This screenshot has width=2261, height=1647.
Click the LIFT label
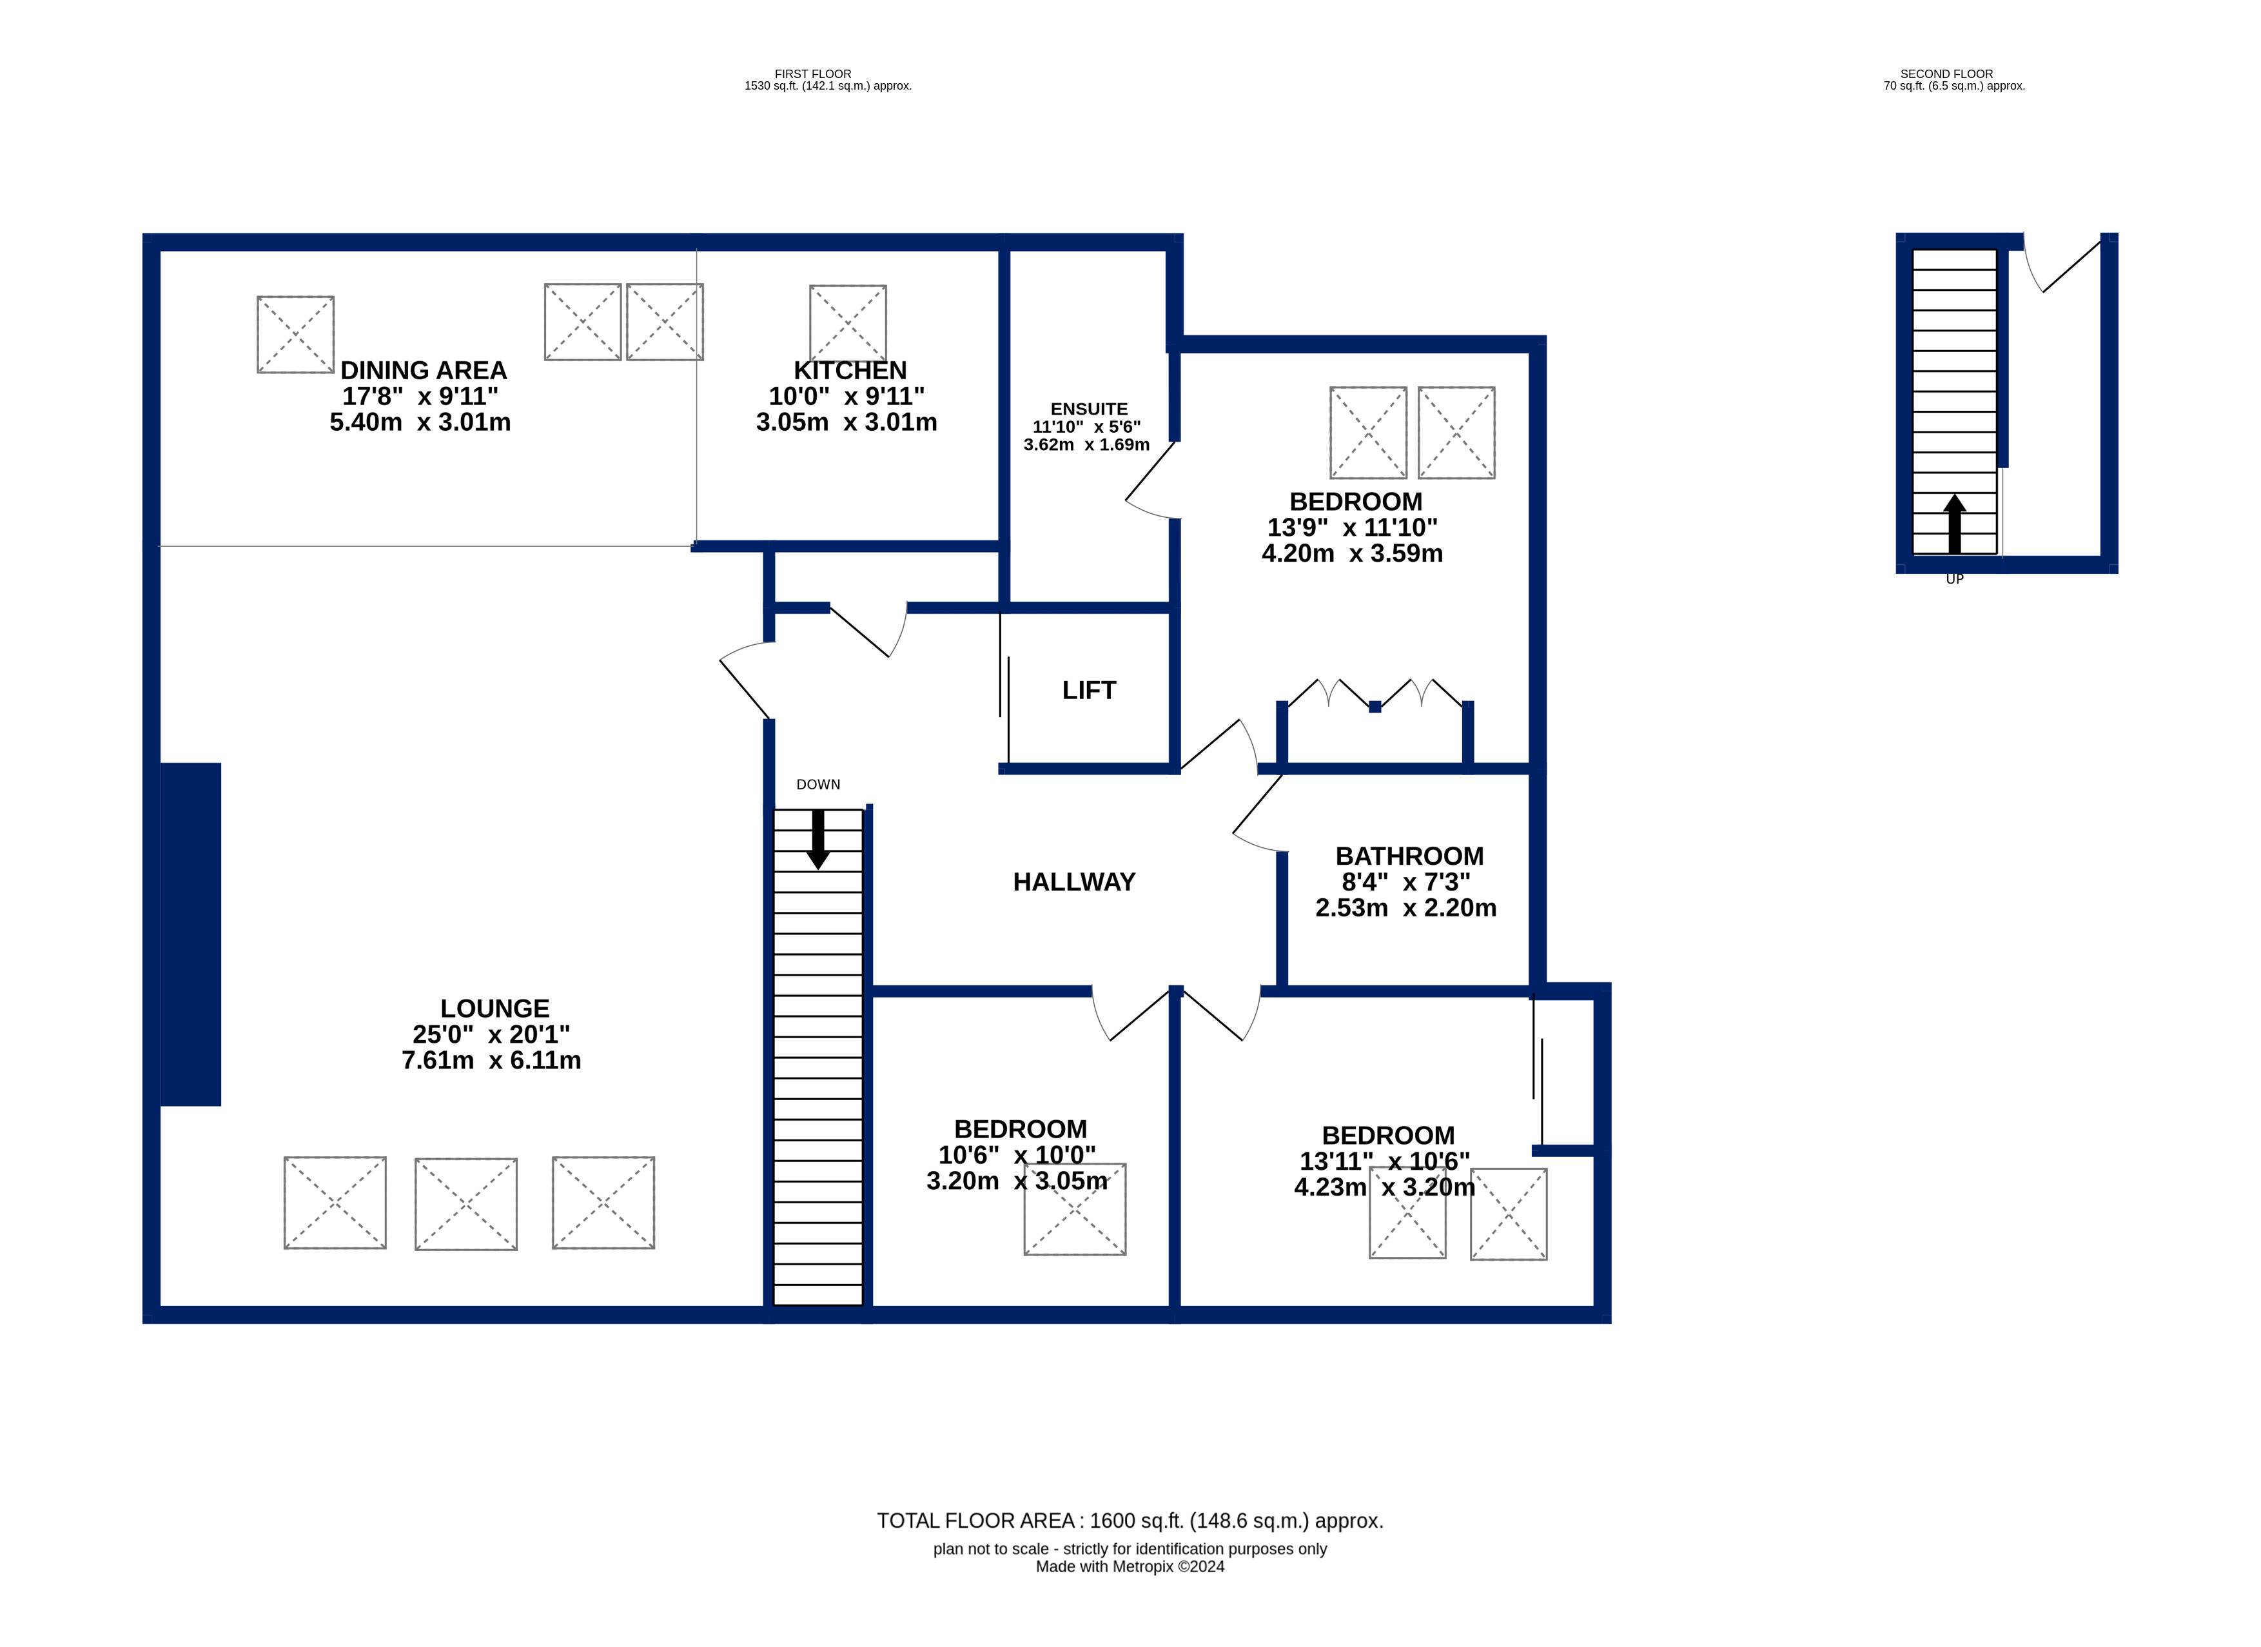[x=1089, y=690]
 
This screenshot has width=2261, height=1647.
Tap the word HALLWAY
[x=1073, y=882]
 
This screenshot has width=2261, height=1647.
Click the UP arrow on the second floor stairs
[x=1954, y=524]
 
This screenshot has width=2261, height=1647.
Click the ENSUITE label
[x=1089, y=409]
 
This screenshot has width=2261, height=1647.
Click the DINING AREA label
[x=424, y=370]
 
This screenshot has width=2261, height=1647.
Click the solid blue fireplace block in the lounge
[x=190, y=934]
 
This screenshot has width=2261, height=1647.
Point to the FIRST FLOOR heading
[x=812, y=74]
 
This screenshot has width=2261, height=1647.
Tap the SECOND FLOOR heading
[x=1946, y=74]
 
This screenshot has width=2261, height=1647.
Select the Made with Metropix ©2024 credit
[x=1130, y=1566]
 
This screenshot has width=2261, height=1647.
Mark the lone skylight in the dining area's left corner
[x=295, y=334]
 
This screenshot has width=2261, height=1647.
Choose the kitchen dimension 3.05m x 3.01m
[x=847, y=422]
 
